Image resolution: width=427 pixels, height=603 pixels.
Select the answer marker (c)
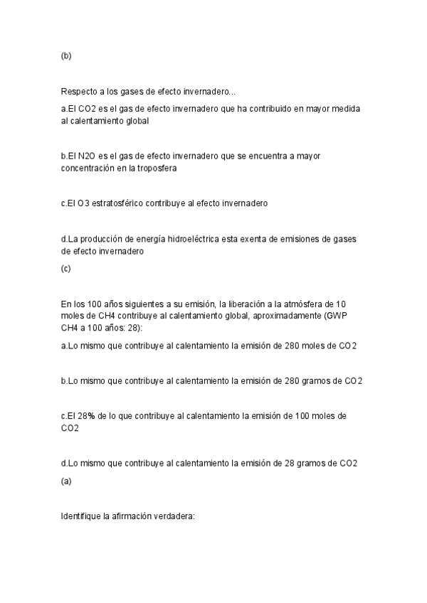click(x=66, y=269)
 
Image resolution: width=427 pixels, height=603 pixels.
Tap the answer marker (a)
click(x=66, y=481)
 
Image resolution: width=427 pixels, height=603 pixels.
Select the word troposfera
click(x=156, y=169)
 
